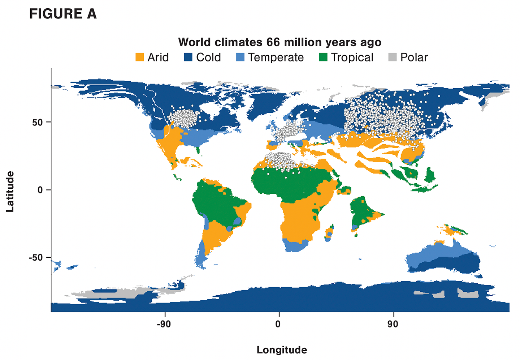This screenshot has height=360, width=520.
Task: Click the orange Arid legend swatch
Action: tap(139, 57)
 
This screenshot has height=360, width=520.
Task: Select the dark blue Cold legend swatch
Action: tap(188, 57)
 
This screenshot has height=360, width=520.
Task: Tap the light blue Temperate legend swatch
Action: tap(240, 57)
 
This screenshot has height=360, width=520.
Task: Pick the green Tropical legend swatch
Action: tap(323, 57)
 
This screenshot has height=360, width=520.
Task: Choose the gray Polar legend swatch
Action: tap(393, 57)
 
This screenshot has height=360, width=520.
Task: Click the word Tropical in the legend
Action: tap(352, 57)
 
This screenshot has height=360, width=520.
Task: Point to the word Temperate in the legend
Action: tap(276, 57)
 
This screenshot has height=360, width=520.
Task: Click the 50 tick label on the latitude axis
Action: tap(38, 123)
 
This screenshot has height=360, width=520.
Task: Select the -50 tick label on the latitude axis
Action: tap(35, 258)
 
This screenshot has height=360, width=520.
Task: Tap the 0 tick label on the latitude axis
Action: tap(40, 190)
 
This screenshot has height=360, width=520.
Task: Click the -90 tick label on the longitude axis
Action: tap(164, 324)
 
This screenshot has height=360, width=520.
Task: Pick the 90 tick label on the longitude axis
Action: tap(393, 324)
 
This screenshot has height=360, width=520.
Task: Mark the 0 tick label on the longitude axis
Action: tap(278, 324)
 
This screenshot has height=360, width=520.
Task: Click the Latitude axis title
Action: tap(10, 192)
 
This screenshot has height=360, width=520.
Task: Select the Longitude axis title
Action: tap(282, 350)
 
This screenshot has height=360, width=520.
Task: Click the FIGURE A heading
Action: tap(63, 14)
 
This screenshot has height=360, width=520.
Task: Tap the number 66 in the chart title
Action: tap(273, 42)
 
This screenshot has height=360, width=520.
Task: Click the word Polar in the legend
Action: tap(414, 57)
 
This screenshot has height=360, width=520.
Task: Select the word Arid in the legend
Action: tap(158, 57)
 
